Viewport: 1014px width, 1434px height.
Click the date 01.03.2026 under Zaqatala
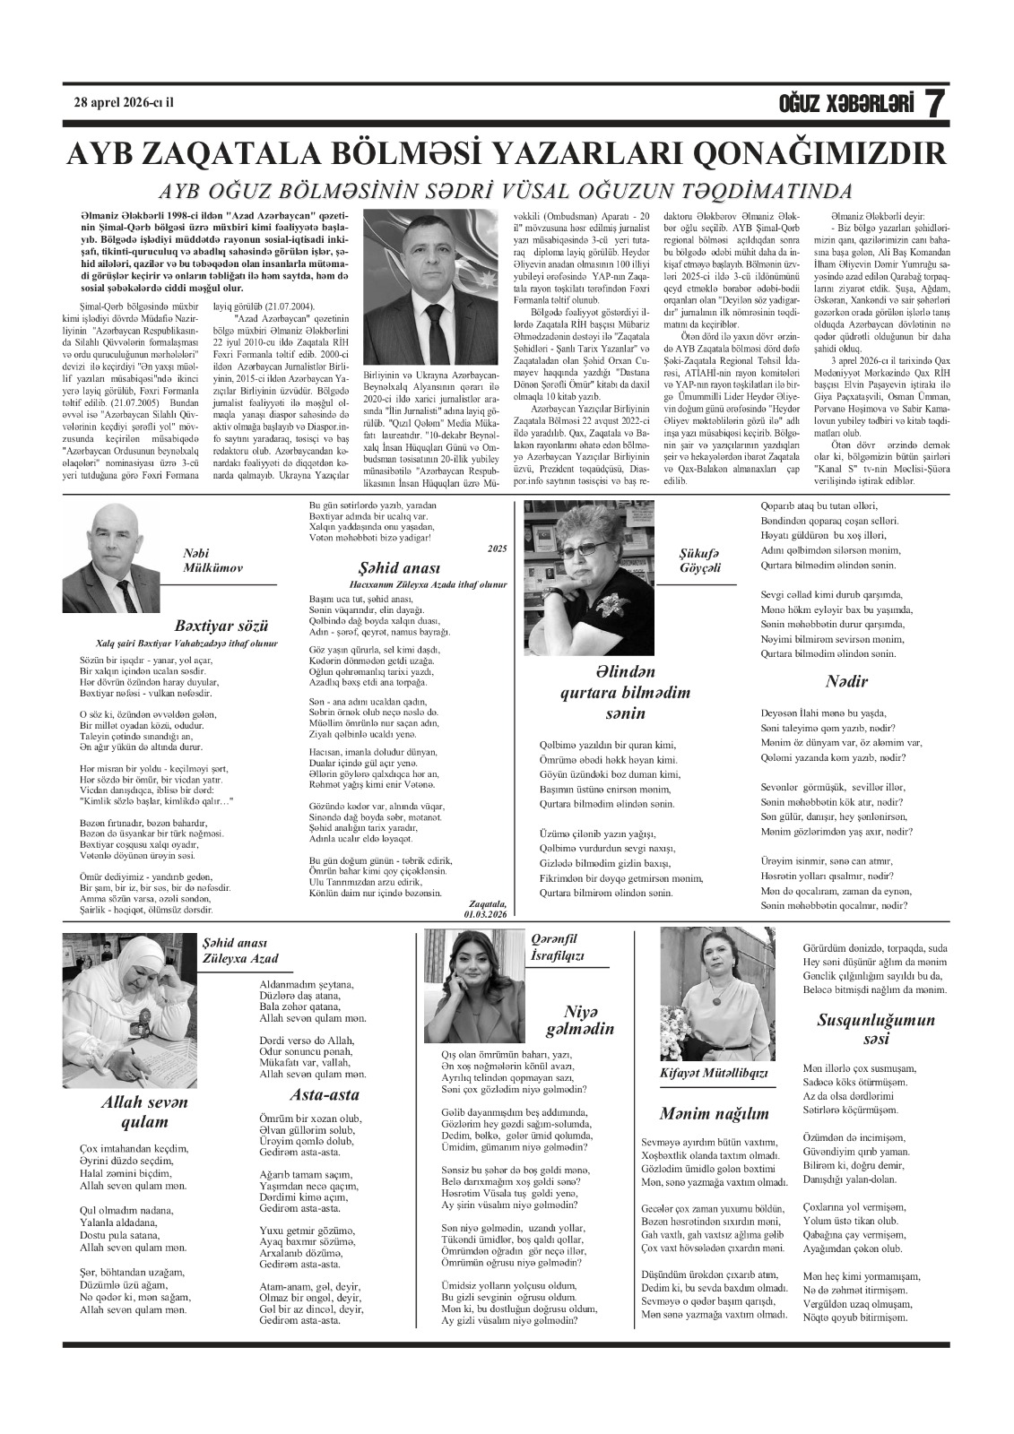pyautogui.click(x=486, y=913)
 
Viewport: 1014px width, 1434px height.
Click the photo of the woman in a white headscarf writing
pyautogui.click(x=128, y=1008)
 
